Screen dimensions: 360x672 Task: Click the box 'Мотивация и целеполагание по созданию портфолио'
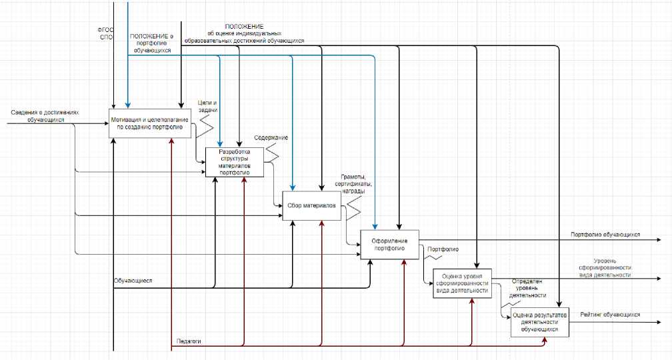[x=151, y=123]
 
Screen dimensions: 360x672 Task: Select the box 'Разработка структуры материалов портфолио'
[x=234, y=162]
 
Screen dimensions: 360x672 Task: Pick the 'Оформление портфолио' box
[x=390, y=244]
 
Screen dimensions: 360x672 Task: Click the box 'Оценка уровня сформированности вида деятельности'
[x=462, y=283]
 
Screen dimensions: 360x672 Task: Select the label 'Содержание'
[x=271, y=137]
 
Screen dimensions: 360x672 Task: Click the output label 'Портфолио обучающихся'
[x=605, y=235]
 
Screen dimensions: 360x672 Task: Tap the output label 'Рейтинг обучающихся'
[x=610, y=315]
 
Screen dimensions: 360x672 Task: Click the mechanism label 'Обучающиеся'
[x=133, y=281]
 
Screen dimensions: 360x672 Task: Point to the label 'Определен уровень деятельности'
[x=528, y=288]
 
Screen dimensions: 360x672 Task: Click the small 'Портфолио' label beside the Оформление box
[x=442, y=249]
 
